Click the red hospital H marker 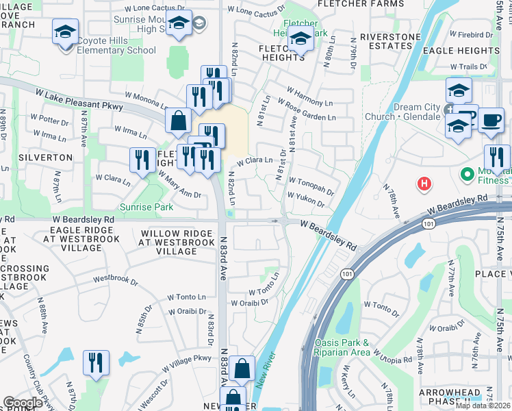pyautogui.click(x=424, y=184)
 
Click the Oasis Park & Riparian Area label pyautogui.click(x=342, y=347)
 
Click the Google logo pyautogui.click(x=23, y=403)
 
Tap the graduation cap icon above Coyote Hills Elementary pyautogui.click(x=66, y=32)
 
